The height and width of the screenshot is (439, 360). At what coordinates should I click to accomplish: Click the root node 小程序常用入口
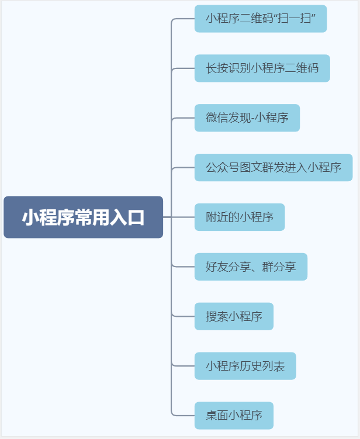click(x=83, y=217)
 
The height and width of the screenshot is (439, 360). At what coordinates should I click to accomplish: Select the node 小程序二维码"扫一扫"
click(x=260, y=19)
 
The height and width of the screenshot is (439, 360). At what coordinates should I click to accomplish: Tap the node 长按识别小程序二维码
click(x=262, y=68)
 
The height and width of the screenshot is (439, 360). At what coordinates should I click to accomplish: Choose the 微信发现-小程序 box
click(x=247, y=118)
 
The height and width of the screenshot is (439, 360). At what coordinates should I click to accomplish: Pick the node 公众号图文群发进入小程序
click(x=273, y=168)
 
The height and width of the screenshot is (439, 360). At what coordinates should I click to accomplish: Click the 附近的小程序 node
click(x=240, y=217)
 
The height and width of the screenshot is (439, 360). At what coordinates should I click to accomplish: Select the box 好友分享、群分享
click(x=251, y=267)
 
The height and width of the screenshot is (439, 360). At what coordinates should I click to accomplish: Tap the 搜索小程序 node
click(x=234, y=317)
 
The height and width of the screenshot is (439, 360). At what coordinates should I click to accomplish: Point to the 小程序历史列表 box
click(x=245, y=367)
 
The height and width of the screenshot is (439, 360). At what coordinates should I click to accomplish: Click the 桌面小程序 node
click(x=234, y=416)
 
